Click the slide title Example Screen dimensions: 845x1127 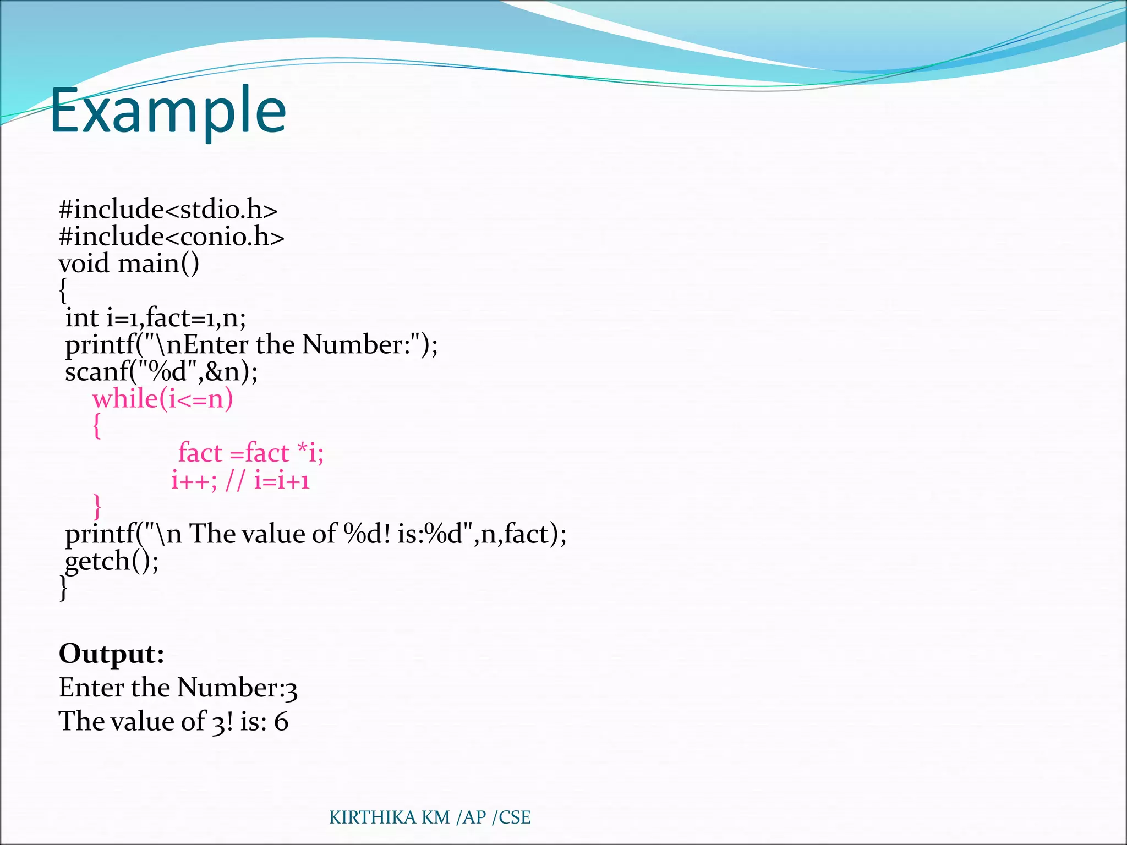(x=168, y=112)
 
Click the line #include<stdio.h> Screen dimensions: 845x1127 (x=168, y=210)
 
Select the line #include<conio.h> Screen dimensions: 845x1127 (x=171, y=237)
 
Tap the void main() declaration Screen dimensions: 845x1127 (x=129, y=264)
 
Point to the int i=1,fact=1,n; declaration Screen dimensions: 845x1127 (x=156, y=318)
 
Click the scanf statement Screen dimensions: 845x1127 (x=161, y=372)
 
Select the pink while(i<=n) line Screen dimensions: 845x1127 (x=162, y=399)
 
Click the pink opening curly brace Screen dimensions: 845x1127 (x=97, y=426)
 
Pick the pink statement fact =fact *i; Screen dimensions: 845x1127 (x=251, y=453)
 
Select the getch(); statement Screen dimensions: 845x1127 (x=112, y=561)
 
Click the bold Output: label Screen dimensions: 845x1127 (x=112, y=654)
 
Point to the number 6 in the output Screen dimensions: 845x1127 (x=281, y=722)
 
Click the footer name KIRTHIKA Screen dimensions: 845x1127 (x=373, y=817)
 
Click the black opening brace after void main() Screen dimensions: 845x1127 (x=63, y=290)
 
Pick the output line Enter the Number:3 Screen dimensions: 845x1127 (x=178, y=688)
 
